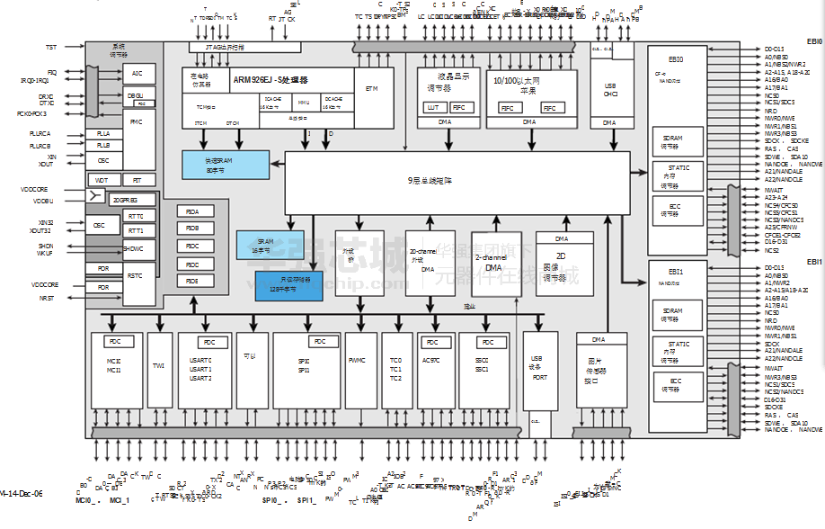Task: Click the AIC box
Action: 137,74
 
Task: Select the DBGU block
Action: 136,94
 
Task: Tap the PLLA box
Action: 103,133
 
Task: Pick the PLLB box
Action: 103,145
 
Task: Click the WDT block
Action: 102,180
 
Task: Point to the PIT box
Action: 137,180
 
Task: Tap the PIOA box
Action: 192,211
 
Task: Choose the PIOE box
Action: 192,281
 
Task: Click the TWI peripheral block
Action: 159,366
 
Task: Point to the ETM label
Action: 372,88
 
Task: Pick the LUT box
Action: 432,107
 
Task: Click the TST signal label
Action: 50,47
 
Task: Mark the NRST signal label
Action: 47,298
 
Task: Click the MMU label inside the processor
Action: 304,103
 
